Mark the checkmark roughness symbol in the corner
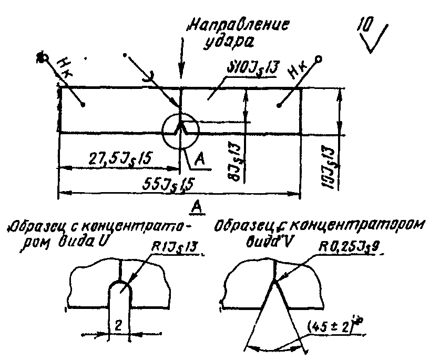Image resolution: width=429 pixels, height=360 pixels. tap(379, 39)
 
